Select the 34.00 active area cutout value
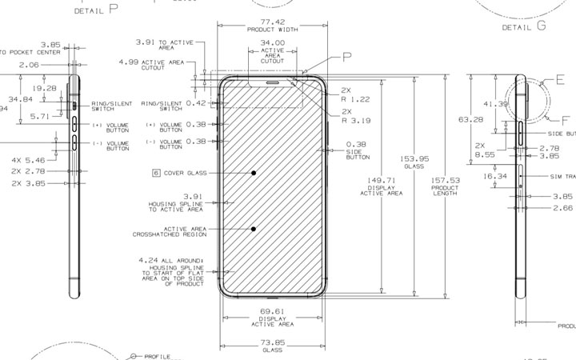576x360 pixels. click(272, 42)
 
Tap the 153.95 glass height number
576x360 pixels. click(414, 158)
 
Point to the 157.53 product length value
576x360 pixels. click(445, 180)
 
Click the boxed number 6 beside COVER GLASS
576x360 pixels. click(157, 173)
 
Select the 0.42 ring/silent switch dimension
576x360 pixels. click(196, 103)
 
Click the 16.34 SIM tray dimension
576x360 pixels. click(496, 176)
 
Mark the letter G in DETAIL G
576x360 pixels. click(542, 26)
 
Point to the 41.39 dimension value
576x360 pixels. click(496, 104)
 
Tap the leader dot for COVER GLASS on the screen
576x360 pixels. click(253, 173)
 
